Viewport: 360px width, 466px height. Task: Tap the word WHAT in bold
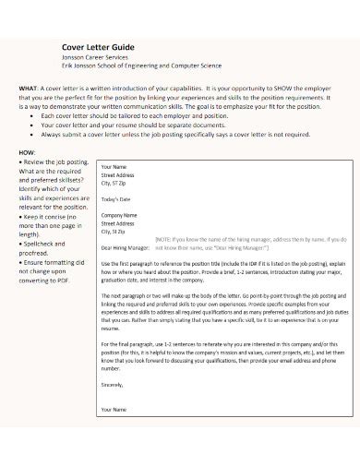(29, 89)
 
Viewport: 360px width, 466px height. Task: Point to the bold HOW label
(28, 150)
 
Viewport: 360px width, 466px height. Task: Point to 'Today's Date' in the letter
(117, 200)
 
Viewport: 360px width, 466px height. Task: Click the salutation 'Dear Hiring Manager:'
(125, 248)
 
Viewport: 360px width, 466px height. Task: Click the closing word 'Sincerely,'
(114, 384)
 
